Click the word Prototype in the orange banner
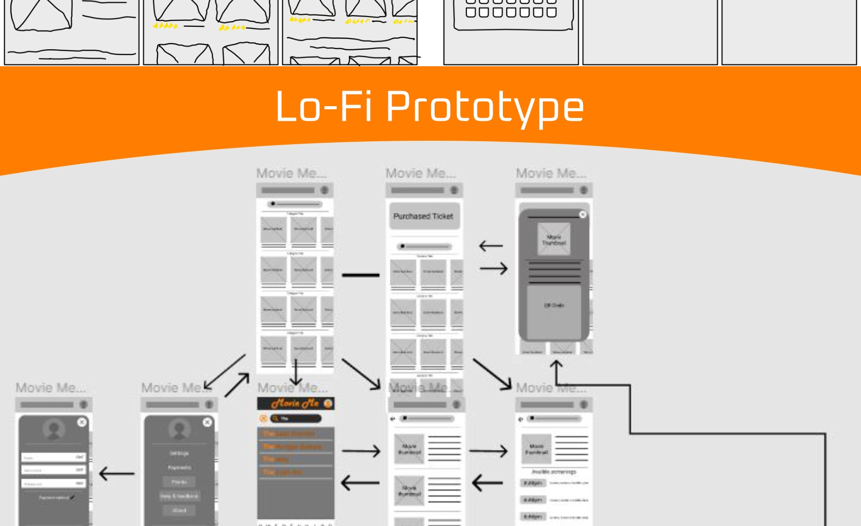pyautogui.click(x=485, y=108)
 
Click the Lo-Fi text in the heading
pyautogui.click(x=325, y=107)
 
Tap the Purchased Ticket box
pyautogui.click(x=423, y=216)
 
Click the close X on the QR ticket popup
pyautogui.click(x=582, y=214)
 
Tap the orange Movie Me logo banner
pyautogui.click(x=296, y=404)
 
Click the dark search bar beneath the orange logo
pyautogui.click(x=296, y=418)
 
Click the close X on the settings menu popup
pyautogui.click(x=207, y=422)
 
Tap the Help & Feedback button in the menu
pyautogui.click(x=179, y=496)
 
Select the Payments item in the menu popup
pyautogui.click(x=179, y=468)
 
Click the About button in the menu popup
pyautogui.click(x=179, y=510)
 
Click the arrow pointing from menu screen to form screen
pyautogui.click(x=116, y=473)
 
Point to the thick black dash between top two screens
pyautogui.click(x=361, y=275)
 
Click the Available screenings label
pyautogui.click(x=554, y=471)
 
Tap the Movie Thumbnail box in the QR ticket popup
pyautogui.click(x=554, y=239)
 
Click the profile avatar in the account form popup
pyautogui.click(x=54, y=430)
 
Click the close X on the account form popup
pyautogui.click(x=82, y=422)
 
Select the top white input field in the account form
pyautogui.click(x=54, y=457)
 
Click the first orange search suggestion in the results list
pyautogui.click(x=289, y=433)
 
